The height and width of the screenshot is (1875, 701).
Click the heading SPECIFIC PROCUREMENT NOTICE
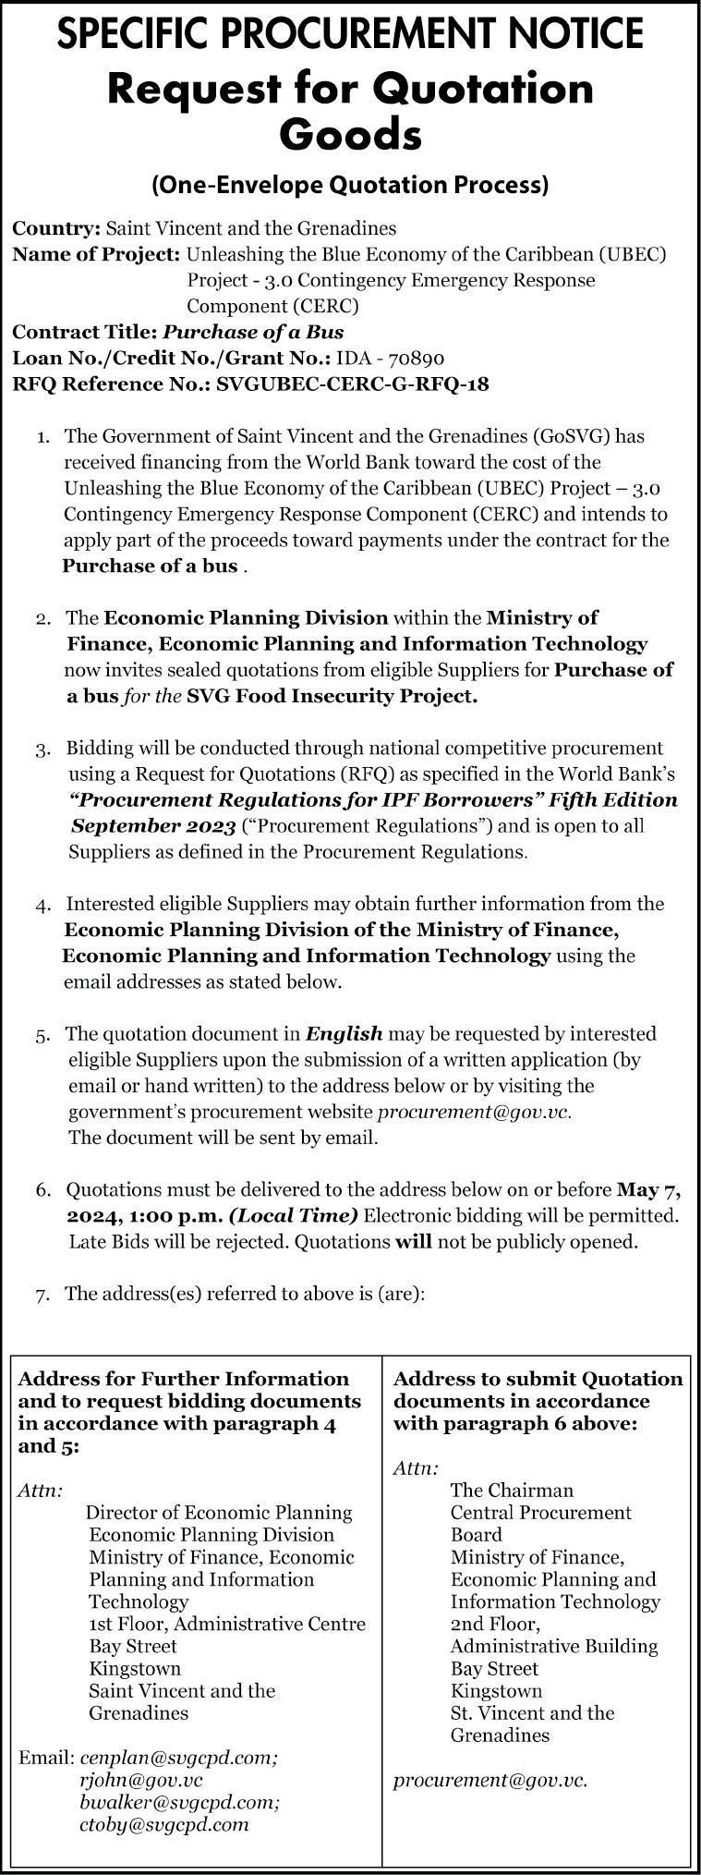pyautogui.click(x=350, y=34)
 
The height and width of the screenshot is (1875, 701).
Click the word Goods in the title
pyautogui.click(x=350, y=135)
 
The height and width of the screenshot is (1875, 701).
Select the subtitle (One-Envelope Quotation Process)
pyautogui.click(x=350, y=186)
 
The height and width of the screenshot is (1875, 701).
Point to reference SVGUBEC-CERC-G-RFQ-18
pyautogui.click(x=352, y=384)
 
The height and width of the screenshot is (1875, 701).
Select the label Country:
pyautogui.click(x=56, y=228)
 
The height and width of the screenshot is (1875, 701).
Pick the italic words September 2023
pyautogui.click(x=153, y=825)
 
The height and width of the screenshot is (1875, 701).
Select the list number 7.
pyautogui.click(x=43, y=1295)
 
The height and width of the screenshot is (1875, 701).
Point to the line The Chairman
pyautogui.click(x=512, y=1491)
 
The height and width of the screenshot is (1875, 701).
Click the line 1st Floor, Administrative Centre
pyautogui.click(x=227, y=1624)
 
